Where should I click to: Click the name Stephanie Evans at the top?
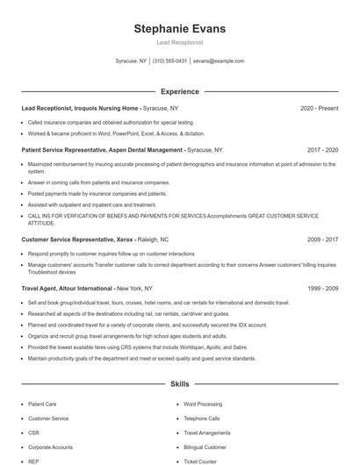tap(179, 29)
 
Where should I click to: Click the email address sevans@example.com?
tap(219, 61)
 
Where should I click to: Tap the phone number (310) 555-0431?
tap(169, 61)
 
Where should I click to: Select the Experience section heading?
tap(179, 91)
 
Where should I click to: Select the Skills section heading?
tap(179, 384)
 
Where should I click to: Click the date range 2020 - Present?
tap(319, 108)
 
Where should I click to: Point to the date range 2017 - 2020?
tap(320, 150)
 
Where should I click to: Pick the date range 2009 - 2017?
tap(320, 239)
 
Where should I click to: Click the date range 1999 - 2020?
tap(320, 288)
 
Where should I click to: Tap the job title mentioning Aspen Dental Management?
tap(101, 150)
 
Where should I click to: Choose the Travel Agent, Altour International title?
tap(67, 288)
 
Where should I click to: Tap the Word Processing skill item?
tap(203, 404)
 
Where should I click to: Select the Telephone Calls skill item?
tap(201, 418)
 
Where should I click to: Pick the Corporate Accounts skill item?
tap(51, 447)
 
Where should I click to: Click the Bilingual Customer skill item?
tap(205, 447)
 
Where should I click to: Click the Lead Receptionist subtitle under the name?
tap(179, 41)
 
